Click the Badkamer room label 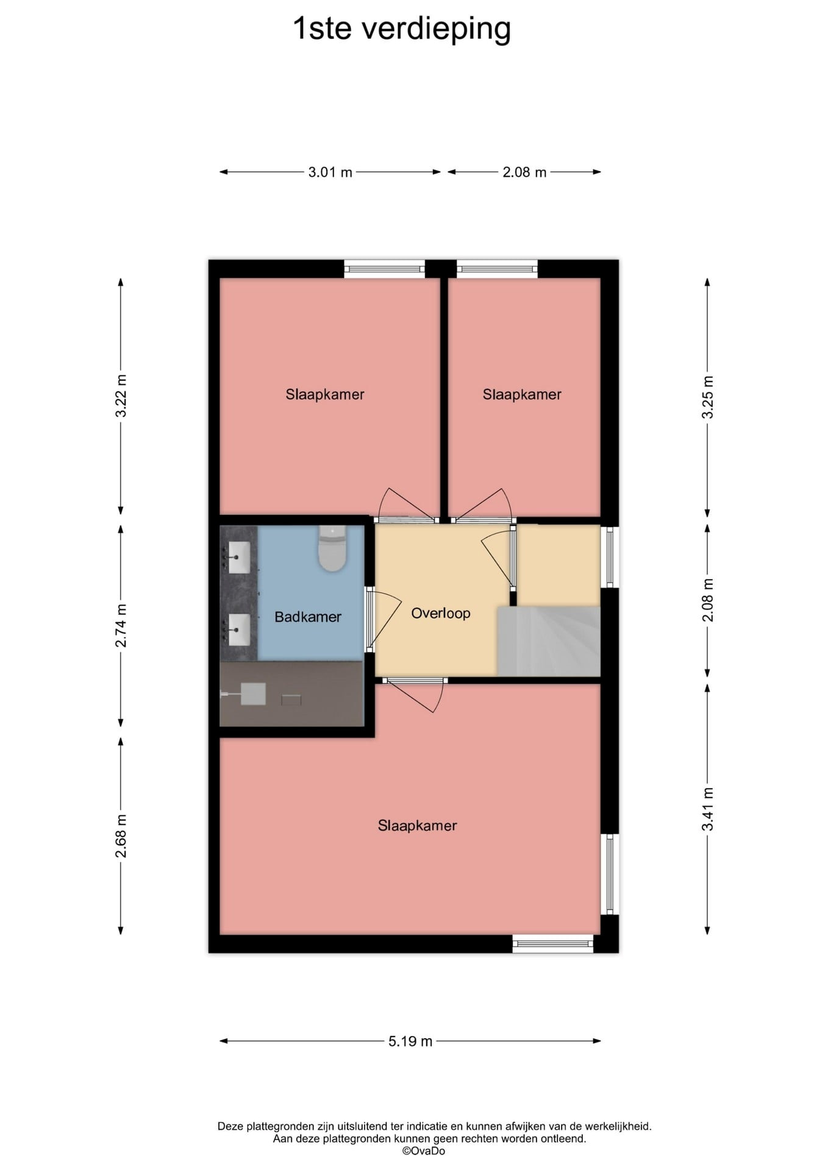(307, 617)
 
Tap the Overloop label (440, 613)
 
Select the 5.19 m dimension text (410, 1041)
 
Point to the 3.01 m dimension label (330, 172)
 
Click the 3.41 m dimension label (707, 809)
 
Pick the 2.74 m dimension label (121, 626)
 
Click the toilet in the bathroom (332, 548)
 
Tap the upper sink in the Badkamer (238, 557)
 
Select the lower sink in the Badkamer (238, 629)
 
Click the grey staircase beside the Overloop (549, 641)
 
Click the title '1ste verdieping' (402, 29)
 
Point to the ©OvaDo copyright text (423, 1151)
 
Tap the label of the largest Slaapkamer (417, 826)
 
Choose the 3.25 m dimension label (707, 397)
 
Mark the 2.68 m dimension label (121, 835)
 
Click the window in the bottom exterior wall (552, 944)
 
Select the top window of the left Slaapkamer (384, 269)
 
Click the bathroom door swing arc (385, 620)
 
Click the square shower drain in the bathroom (252, 693)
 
